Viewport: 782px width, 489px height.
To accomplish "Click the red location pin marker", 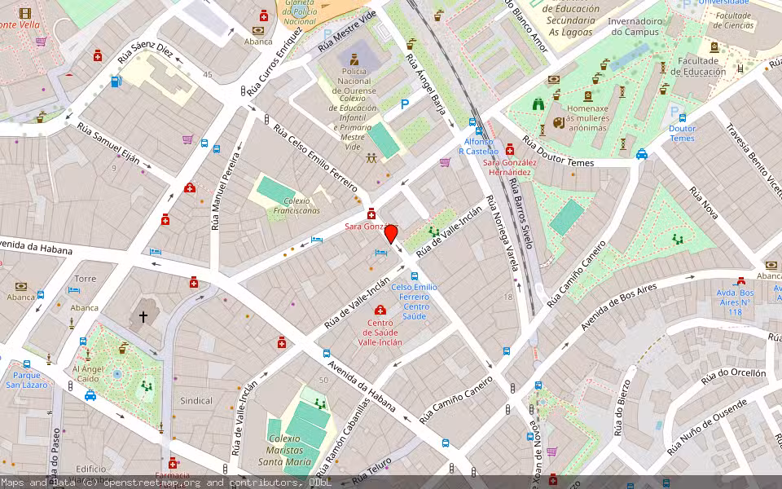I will (x=391, y=235).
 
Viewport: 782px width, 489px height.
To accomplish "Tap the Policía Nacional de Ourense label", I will (x=354, y=81).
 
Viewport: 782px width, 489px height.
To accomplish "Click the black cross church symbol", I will (x=143, y=316).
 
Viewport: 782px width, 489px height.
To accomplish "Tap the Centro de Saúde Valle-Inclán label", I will (x=380, y=332).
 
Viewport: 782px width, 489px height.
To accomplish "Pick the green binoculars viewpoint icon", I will (x=538, y=104).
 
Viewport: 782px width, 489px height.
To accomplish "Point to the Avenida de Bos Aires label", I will (x=618, y=308).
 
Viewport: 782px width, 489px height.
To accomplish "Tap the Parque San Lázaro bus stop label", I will (x=28, y=380).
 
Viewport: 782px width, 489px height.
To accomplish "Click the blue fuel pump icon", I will (x=116, y=81).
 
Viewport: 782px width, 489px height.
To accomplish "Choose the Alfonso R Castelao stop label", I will (x=477, y=146).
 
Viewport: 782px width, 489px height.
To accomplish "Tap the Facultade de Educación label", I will (x=698, y=66).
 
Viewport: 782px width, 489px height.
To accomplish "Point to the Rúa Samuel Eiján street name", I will (x=108, y=142).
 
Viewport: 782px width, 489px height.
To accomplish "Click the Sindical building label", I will (x=196, y=400).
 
